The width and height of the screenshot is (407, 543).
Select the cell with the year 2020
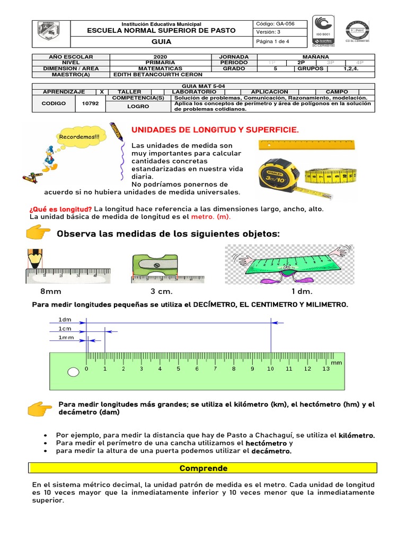tap(160, 57)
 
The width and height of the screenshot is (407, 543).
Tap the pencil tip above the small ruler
tap(34, 258)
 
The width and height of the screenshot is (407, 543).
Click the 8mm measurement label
tap(51, 292)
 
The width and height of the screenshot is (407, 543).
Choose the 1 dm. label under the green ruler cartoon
tap(302, 292)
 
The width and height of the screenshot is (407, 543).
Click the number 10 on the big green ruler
tap(270, 369)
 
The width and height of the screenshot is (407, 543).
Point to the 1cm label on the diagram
tap(65, 329)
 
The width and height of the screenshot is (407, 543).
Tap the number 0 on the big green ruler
tap(87, 369)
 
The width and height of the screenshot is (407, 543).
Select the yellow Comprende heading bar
tap(203, 468)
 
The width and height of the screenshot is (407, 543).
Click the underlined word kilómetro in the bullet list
tap(356, 435)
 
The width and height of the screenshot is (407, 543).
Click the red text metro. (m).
tap(211, 217)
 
